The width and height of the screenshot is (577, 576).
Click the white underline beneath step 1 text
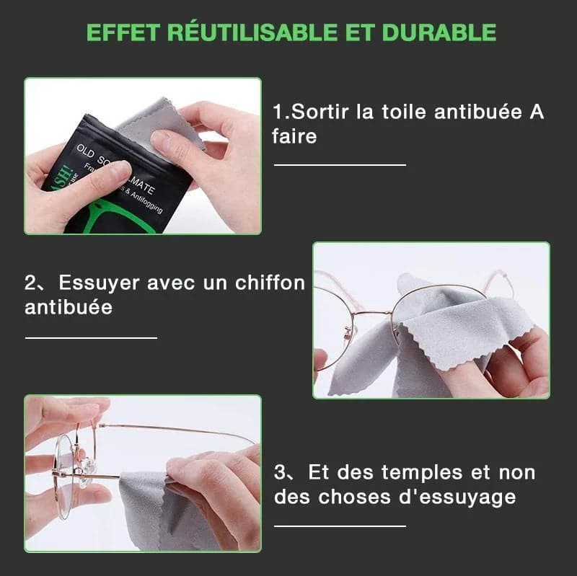(x=339, y=165)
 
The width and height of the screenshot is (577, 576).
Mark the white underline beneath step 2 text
(x=91, y=337)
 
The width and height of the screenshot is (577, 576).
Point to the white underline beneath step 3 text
(x=339, y=526)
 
